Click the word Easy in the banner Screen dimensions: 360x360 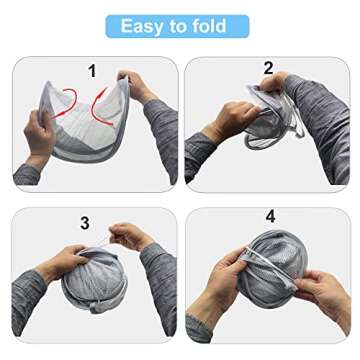tap(143, 26)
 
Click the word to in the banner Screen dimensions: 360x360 tap(183, 26)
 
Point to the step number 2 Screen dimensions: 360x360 tap(268, 68)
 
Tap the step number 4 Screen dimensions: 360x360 tap(269, 216)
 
